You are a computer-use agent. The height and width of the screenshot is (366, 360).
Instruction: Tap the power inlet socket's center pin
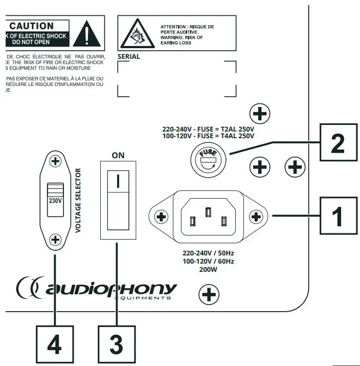208,211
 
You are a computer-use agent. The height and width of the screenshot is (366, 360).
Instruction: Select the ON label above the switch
118,155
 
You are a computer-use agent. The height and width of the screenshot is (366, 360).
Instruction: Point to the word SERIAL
129,57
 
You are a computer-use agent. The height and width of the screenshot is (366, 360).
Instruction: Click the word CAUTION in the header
32,25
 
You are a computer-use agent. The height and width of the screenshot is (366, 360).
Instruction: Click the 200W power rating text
208,269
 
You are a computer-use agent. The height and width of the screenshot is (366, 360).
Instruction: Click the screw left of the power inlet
162,217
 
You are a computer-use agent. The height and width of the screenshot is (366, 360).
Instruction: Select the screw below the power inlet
208,294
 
